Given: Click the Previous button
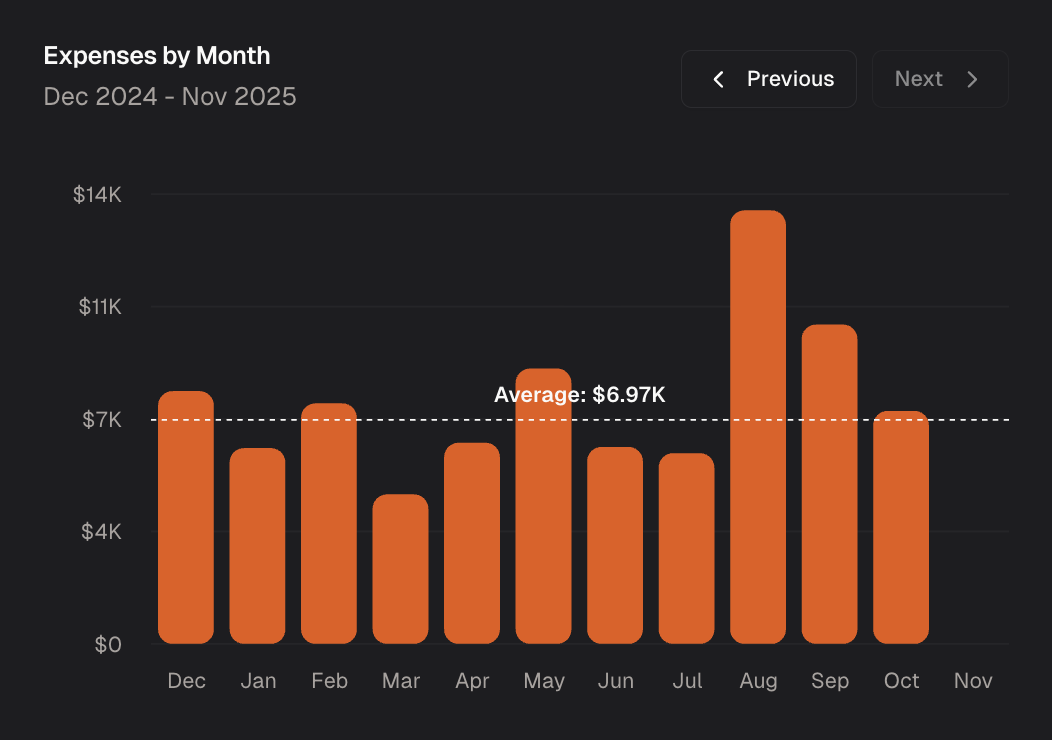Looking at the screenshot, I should pos(769,79).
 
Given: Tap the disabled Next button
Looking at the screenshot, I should pos(939,79).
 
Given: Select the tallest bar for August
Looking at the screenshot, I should pos(758,427).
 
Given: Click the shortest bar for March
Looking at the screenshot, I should pos(400,569).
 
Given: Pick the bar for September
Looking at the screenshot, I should pos(829,484).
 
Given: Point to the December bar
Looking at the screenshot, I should pos(186,517).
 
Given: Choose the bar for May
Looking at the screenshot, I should pos(543,506).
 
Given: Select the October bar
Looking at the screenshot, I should pos(901,527).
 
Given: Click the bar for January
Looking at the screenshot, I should pos(257,546).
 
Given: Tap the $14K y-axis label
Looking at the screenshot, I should pos(97,195).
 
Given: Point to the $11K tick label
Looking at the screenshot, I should pos(100,307).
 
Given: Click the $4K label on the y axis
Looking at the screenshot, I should pos(101,532).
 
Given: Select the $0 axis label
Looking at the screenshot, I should pos(108,645).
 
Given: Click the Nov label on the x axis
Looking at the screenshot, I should pos(973,681).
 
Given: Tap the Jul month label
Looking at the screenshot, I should pos(687,681).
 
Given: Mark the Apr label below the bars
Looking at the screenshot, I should pos(472,681).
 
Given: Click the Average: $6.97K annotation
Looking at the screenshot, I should pos(579,395).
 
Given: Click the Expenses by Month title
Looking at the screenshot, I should pos(157,55).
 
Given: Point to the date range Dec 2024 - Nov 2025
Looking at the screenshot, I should pos(170,97).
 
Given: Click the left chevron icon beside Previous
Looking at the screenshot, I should pos(718,79).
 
